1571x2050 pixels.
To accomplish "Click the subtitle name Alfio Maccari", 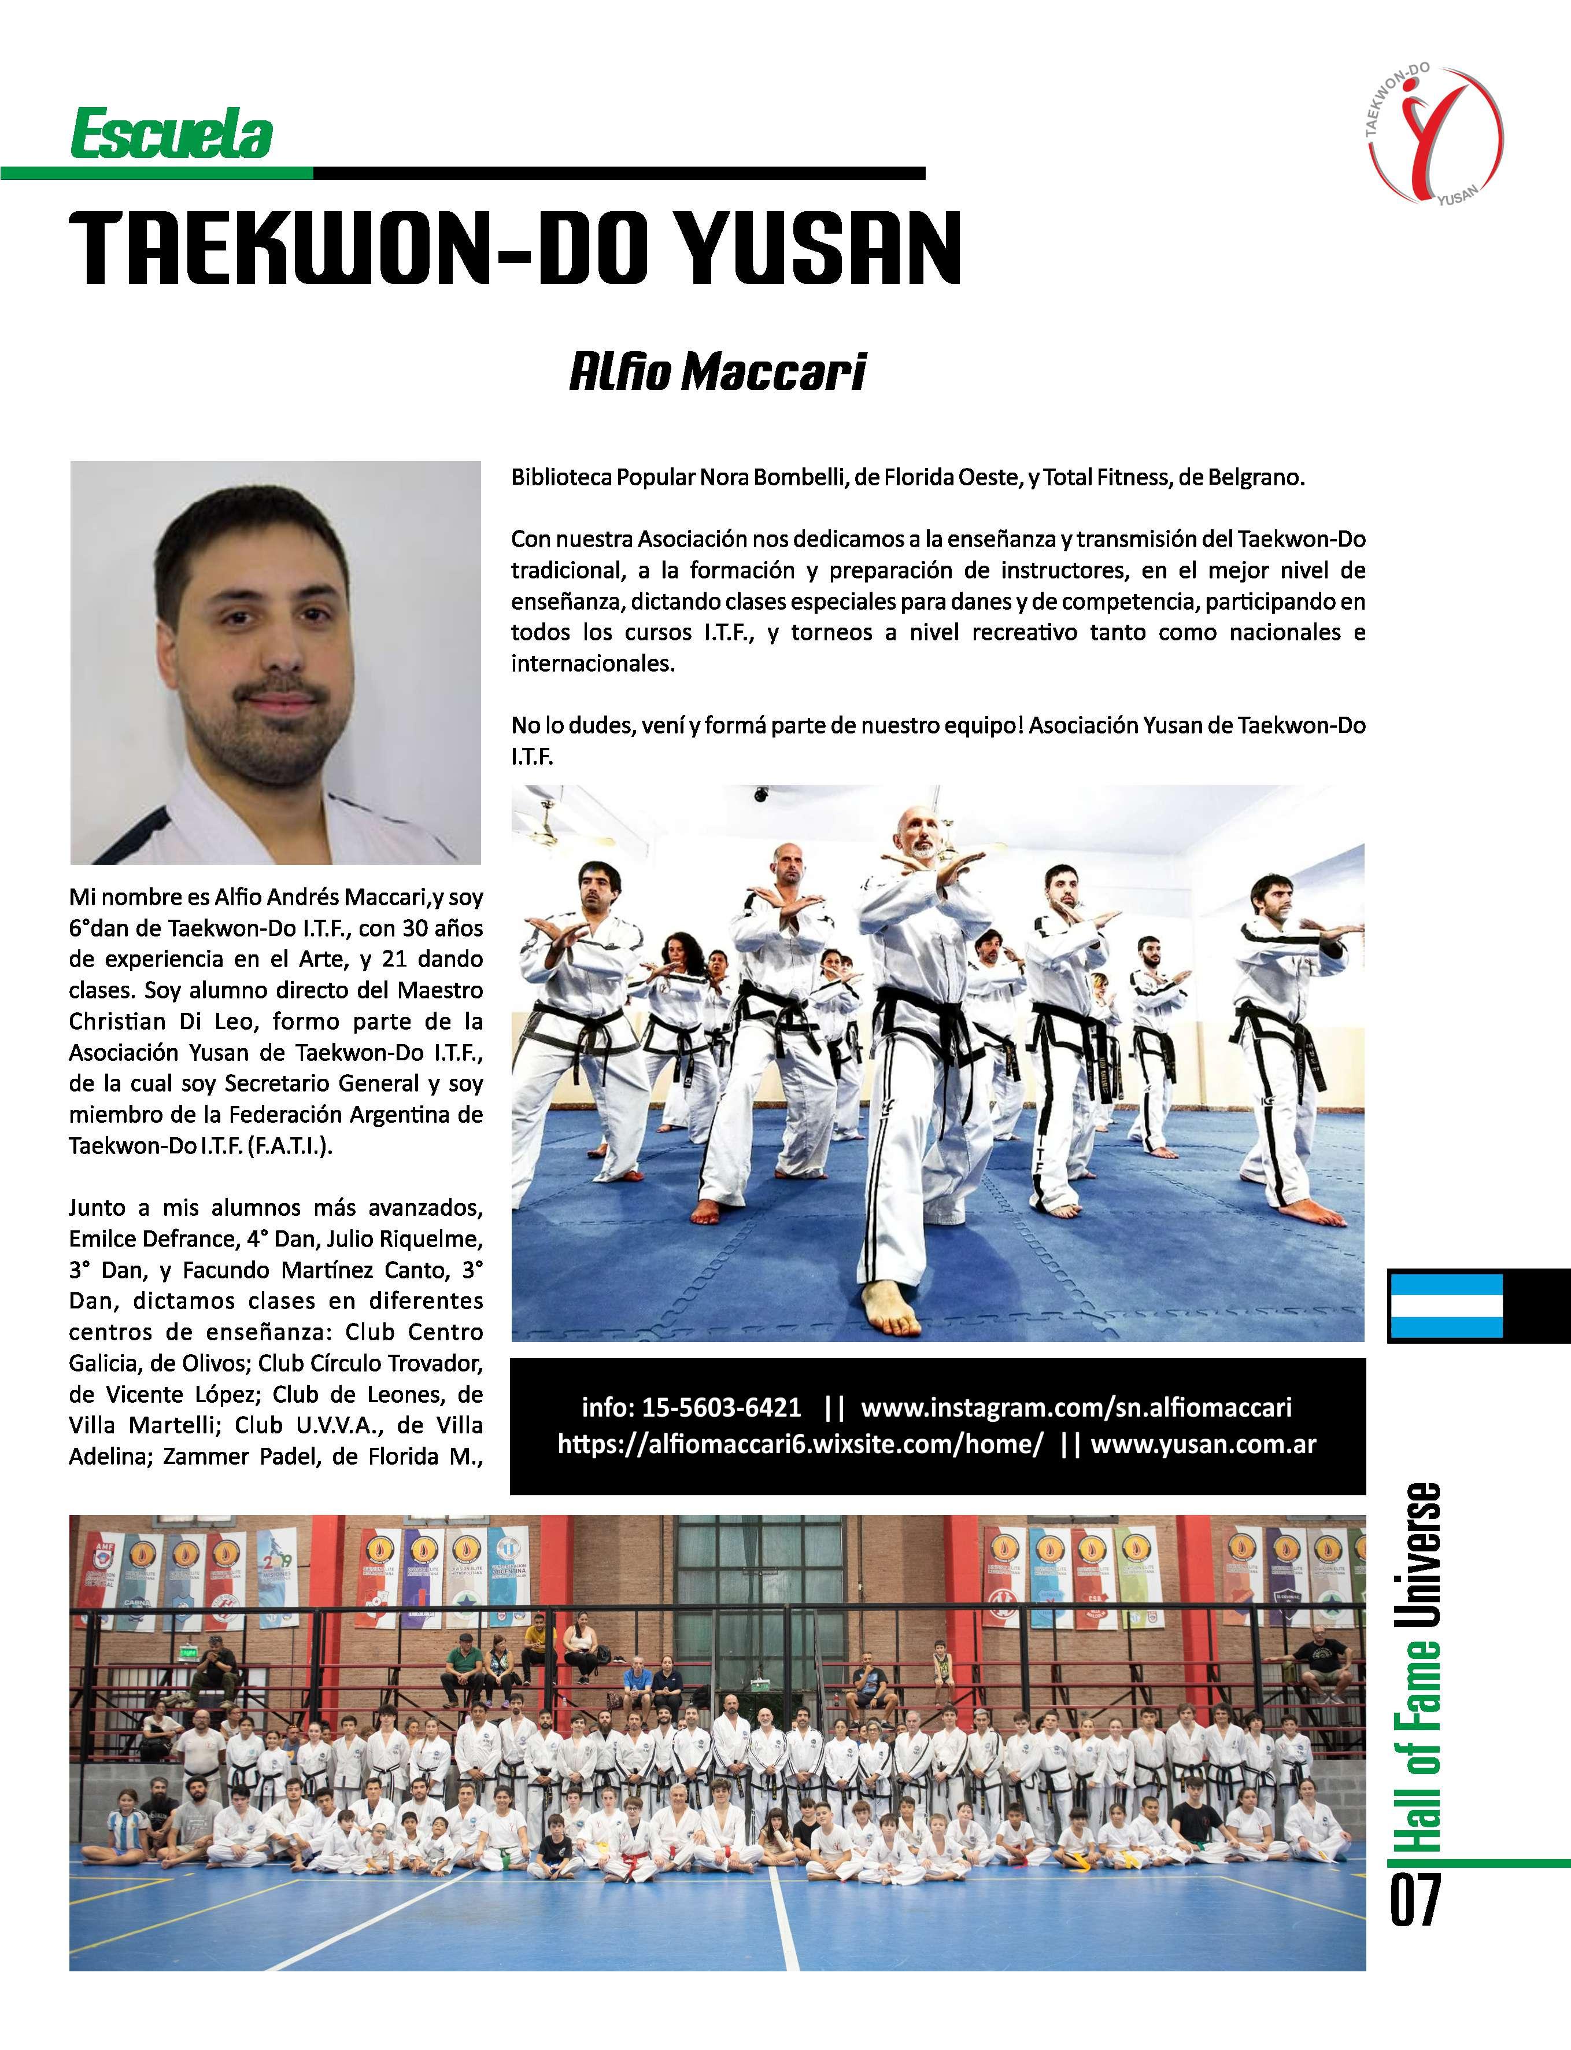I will (717, 372).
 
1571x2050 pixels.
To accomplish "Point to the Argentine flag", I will (1445, 1304).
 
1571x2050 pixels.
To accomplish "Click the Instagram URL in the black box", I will (1075, 1407).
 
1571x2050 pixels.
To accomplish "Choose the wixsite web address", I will (800, 1444).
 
